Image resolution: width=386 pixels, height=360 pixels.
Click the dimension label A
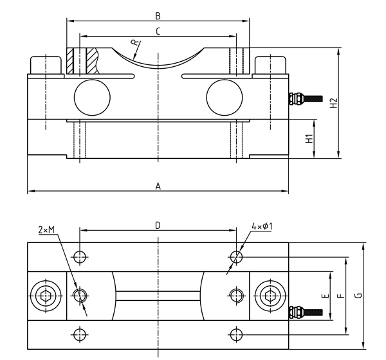pos(158,186)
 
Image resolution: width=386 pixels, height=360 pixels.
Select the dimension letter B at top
pos(158,15)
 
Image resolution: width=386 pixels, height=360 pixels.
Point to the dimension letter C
pos(158,31)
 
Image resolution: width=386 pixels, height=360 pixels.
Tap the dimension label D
pos(158,225)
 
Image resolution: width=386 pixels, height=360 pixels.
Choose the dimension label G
pos(358,296)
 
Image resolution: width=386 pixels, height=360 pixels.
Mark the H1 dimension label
pos(309,138)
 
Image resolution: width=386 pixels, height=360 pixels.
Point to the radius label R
pos(134,43)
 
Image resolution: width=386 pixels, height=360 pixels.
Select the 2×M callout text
pos(47,230)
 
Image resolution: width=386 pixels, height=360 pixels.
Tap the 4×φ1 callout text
pos(262,226)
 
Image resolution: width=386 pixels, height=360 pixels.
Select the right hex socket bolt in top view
pos(269,296)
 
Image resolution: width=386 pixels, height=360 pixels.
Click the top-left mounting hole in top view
pos(79,257)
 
